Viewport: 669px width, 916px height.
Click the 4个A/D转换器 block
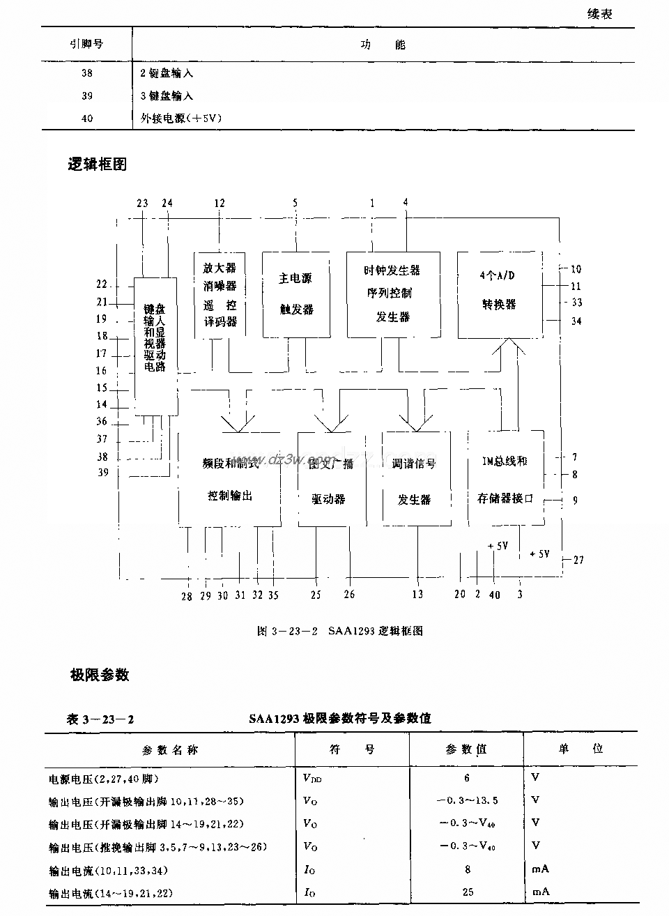[500, 294]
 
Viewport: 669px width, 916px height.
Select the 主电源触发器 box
[296, 294]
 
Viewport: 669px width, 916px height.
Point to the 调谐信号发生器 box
[415, 480]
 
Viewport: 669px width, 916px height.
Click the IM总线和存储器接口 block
[505, 480]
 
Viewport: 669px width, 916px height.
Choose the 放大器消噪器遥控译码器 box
[220, 294]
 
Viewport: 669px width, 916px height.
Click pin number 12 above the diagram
[220, 204]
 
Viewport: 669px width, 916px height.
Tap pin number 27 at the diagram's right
[578, 560]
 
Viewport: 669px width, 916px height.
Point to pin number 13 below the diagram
[417, 595]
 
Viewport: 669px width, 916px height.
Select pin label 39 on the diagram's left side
[102, 473]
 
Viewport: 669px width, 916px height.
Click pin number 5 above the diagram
[295, 204]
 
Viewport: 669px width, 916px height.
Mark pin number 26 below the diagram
[349, 595]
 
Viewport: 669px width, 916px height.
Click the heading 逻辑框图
[98, 165]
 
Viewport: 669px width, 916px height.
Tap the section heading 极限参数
[99, 675]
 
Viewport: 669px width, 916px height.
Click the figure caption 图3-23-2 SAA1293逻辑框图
[340, 632]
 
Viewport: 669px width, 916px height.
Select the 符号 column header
[352, 749]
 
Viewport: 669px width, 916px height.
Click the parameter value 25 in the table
[468, 892]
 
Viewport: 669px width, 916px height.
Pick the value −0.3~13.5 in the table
[468, 801]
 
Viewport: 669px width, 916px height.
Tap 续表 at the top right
[599, 14]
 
